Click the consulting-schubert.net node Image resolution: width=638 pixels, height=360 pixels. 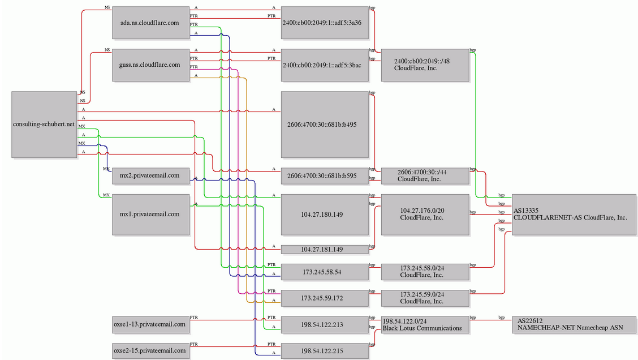pos(44,124)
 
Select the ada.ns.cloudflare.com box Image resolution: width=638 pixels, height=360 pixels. pos(151,23)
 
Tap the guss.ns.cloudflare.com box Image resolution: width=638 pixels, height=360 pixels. pos(151,65)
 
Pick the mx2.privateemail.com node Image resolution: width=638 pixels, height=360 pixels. pos(151,176)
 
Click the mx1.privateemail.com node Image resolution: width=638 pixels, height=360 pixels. pos(151,215)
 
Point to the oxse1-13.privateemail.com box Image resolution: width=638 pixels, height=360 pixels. pos(151,324)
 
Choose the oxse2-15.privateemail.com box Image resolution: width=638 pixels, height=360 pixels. pos(151,350)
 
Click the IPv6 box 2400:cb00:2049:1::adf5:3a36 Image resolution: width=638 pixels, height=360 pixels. pos(325,23)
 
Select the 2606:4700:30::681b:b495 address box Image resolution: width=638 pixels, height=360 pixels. pos(325,124)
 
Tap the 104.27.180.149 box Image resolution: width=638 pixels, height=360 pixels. pos(325,215)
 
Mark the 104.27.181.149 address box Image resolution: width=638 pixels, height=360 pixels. pos(325,249)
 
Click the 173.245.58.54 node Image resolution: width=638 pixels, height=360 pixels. pos(325,272)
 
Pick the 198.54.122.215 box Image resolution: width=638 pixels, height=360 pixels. pos(325,350)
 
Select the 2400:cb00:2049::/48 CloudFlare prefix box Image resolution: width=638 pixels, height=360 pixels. pos(425,65)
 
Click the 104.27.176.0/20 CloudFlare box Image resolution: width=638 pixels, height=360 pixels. pos(425,215)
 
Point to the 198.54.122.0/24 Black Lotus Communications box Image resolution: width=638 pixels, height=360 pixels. pos(425,324)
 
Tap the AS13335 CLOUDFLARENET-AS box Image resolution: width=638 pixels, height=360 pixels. pos(574,215)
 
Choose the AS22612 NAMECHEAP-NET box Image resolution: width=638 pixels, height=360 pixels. pos(574,324)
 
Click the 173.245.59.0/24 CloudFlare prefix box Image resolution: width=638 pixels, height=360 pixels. pos(425,298)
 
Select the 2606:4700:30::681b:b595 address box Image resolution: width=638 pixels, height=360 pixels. pos(325,176)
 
